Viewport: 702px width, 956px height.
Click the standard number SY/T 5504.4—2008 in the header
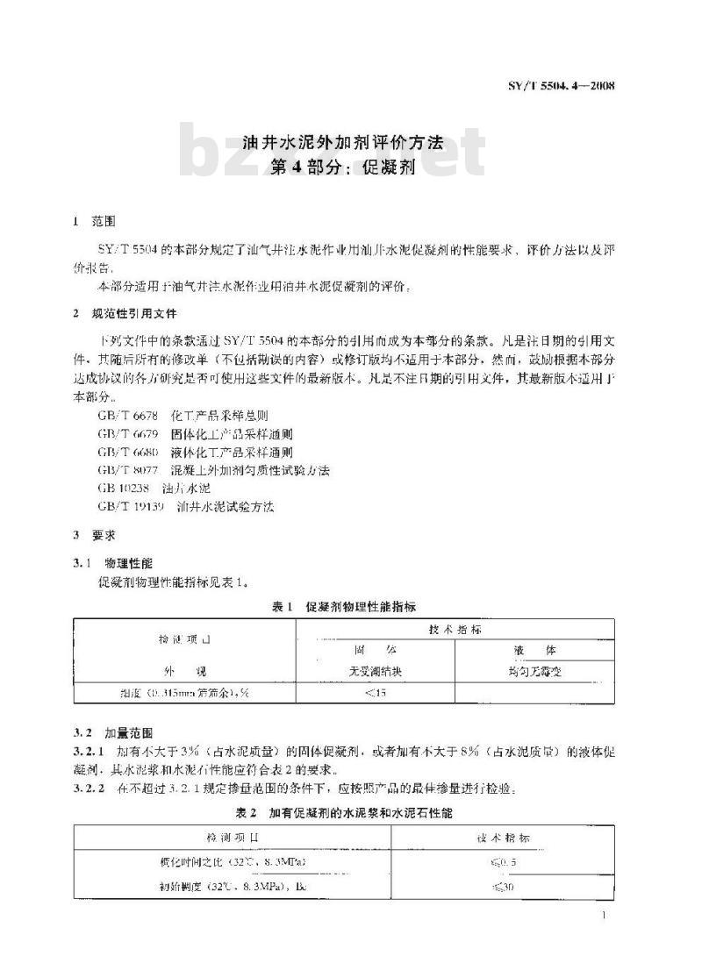point(561,85)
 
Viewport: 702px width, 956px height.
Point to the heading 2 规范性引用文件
point(129,314)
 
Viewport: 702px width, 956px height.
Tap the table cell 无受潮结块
point(375,671)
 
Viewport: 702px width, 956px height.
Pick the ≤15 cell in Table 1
point(375,693)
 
